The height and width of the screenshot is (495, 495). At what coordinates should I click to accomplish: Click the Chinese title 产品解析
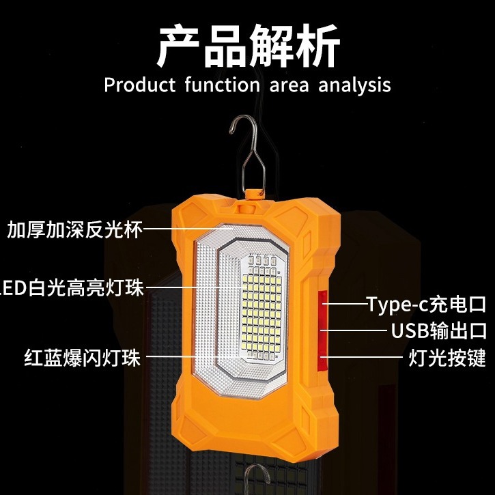click(247, 46)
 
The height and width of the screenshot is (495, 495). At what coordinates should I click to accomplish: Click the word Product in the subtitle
click(134, 85)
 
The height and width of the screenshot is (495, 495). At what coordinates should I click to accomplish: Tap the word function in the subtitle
click(216, 85)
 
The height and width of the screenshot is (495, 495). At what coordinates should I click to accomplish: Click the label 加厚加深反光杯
click(74, 229)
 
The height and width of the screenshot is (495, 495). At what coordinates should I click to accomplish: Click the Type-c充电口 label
click(426, 304)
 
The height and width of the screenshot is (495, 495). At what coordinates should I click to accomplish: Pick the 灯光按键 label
click(447, 357)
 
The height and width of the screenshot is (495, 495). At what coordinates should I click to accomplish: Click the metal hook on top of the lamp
click(248, 154)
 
